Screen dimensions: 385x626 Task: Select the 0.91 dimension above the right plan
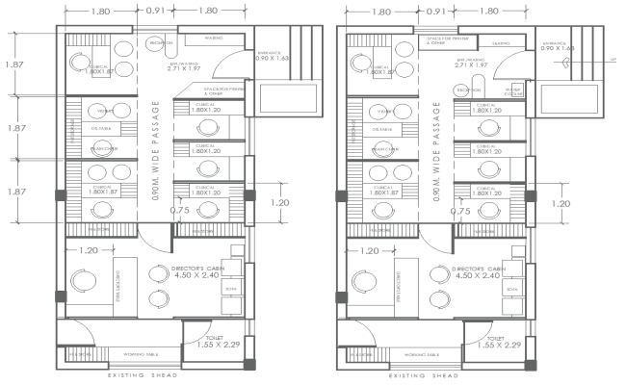pyautogui.click(x=437, y=11)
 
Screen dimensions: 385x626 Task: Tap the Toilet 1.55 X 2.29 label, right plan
pyautogui.click(x=497, y=341)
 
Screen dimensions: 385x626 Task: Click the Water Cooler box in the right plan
pyautogui.click(x=514, y=92)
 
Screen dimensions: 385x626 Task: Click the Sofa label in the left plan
pyautogui.click(x=229, y=289)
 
